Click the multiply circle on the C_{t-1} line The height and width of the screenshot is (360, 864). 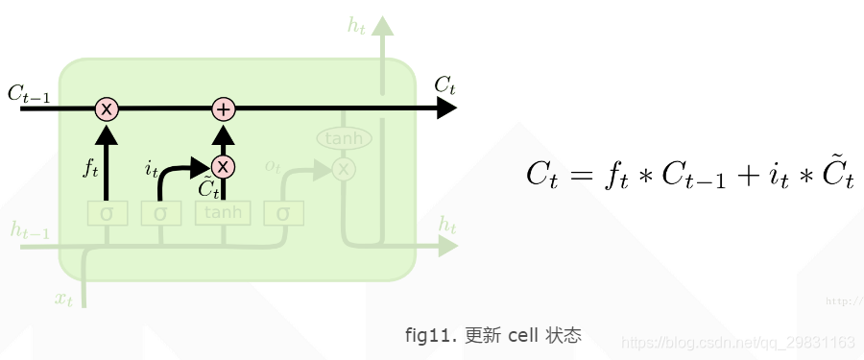pyautogui.click(x=107, y=108)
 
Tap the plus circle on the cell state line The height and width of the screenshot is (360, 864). pyautogui.click(x=223, y=108)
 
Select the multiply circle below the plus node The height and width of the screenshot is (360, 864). pyautogui.click(x=223, y=167)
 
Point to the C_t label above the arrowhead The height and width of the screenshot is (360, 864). pyautogui.click(x=444, y=85)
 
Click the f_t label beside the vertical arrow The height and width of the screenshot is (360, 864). pyautogui.click(x=90, y=170)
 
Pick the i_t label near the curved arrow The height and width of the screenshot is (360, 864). pyautogui.click(x=151, y=170)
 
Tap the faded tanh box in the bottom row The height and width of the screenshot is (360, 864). pyautogui.click(x=223, y=212)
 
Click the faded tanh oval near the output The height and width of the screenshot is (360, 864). pyautogui.click(x=344, y=139)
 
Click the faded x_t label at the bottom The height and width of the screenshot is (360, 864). pyautogui.click(x=63, y=299)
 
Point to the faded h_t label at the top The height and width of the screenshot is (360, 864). pyautogui.click(x=357, y=26)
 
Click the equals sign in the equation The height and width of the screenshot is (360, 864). pyautogui.click(x=578, y=175)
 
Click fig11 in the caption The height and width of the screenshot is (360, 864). pyautogui.click(x=428, y=336)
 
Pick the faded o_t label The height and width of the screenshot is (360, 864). pyautogui.click(x=273, y=166)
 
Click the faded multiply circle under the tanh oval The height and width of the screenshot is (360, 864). pyautogui.click(x=344, y=169)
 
